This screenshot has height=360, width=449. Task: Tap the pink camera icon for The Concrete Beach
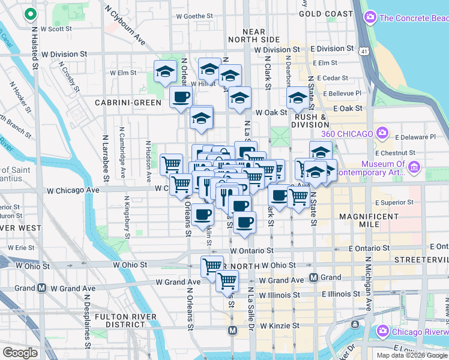pyautogui.click(x=370, y=17)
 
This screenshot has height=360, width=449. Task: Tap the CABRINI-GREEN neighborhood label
pyautogui.click(x=128, y=103)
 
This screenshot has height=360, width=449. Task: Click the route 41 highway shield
pyautogui.click(x=365, y=52)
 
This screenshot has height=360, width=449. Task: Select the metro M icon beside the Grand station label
pyautogui.click(x=313, y=277)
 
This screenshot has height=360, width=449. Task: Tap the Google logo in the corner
pyautogui.click(x=20, y=353)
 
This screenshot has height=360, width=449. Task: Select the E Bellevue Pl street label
pyautogui.click(x=343, y=94)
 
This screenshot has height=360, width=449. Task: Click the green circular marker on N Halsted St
pyautogui.click(x=31, y=16)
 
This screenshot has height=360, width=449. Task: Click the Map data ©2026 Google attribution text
pyautogui.click(x=411, y=355)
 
